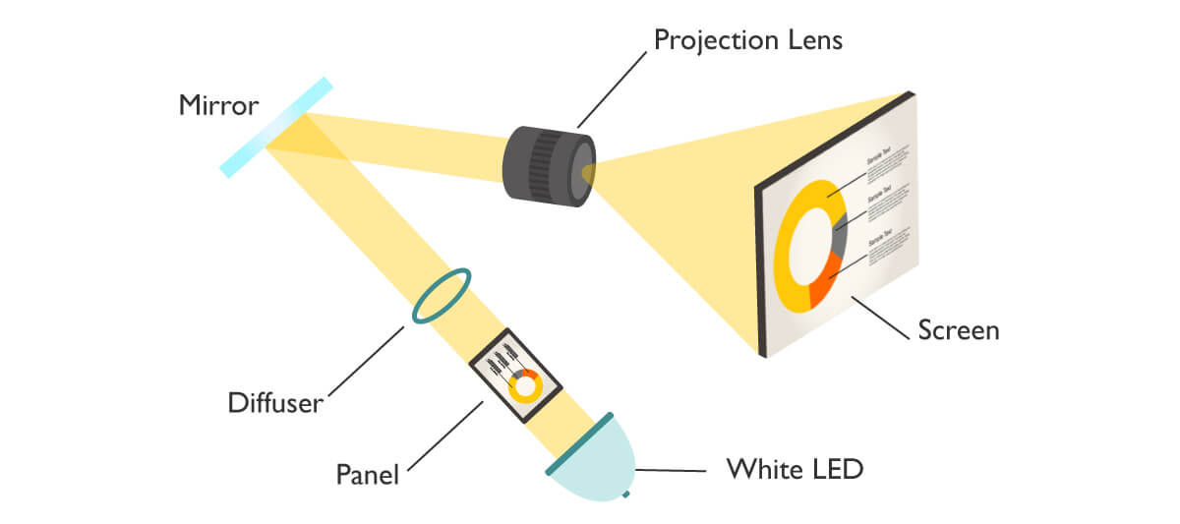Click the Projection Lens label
(747, 41)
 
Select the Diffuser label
(274, 402)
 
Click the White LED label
(795, 469)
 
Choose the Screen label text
(958, 330)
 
